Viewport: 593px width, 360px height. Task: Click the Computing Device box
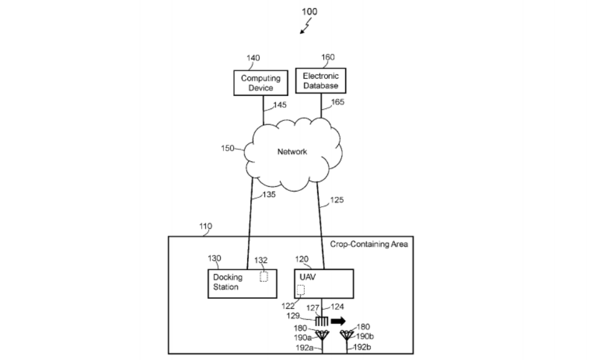(260, 83)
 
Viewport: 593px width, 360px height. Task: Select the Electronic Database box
(320, 81)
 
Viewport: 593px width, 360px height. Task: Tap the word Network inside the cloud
(292, 152)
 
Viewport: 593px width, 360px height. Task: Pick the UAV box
(324, 283)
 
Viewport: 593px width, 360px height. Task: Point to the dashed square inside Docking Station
(264, 277)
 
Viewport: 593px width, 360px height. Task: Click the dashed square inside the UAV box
(301, 290)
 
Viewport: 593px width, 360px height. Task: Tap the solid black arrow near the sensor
(339, 321)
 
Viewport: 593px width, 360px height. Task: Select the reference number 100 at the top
(310, 11)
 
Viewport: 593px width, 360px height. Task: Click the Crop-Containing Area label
(369, 244)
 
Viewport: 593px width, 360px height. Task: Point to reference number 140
(253, 58)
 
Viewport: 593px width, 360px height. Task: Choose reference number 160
(327, 57)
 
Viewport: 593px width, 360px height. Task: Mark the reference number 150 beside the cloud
(228, 148)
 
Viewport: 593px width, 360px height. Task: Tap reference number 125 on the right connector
(336, 200)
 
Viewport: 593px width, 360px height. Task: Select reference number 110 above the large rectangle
(206, 227)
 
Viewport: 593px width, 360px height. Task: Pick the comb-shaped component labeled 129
(321, 321)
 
